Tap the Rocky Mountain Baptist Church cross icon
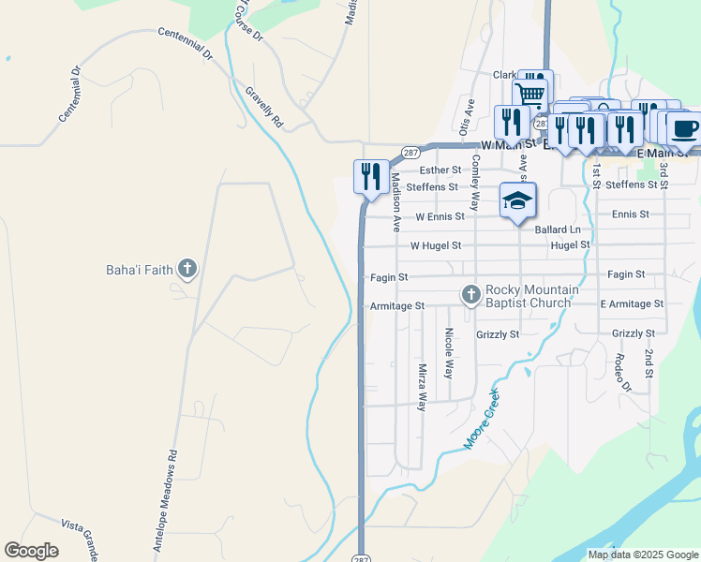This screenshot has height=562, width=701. (471, 296)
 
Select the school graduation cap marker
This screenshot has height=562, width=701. (517, 200)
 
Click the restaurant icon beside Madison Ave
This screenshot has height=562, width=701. (371, 176)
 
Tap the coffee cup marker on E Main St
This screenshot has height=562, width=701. (682, 127)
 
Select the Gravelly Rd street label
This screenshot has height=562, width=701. (264, 108)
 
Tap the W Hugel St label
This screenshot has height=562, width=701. (436, 245)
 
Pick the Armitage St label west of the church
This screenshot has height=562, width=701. (397, 306)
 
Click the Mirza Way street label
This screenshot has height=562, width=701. (423, 388)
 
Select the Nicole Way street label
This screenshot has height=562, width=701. (449, 353)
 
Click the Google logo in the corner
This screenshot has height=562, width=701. (31, 551)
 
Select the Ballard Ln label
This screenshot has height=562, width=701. (558, 229)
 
